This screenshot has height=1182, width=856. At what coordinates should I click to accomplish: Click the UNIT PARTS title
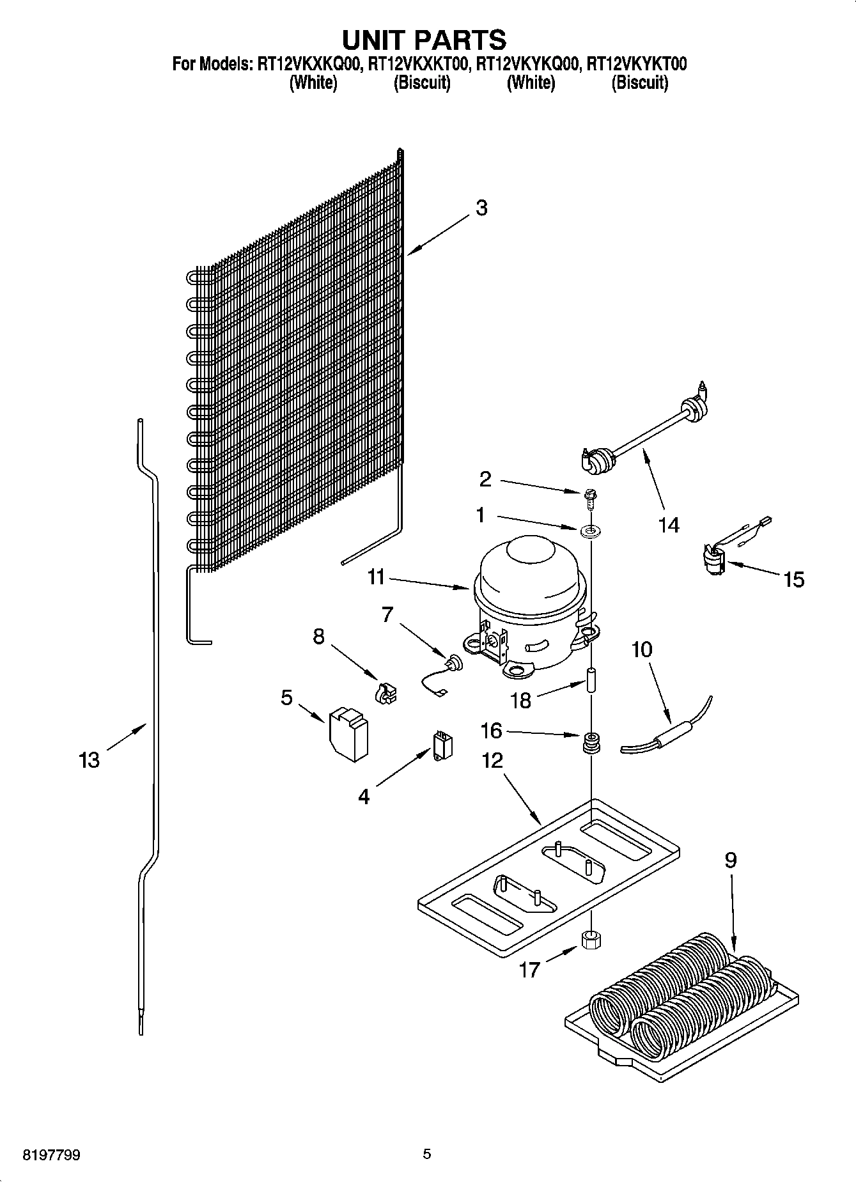coord(424,40)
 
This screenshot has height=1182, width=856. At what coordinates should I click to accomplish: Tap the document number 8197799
coord(52,1155)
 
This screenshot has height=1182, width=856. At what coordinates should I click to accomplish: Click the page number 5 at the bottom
coord(427,1154)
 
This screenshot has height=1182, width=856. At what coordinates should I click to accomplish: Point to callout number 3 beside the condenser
coord(481,208)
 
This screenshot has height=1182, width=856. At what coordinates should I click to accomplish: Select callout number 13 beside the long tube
coord(89,760)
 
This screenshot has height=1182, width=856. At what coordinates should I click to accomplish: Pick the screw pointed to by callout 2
coord(589,497)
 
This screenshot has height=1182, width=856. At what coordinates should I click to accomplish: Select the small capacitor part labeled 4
coord(441,745)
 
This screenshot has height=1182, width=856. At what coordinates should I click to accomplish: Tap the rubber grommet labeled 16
coord(589,743)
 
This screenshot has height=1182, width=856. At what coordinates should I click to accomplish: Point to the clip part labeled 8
coord(386,694)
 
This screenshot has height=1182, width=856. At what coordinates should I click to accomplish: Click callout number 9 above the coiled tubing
coord(730,860)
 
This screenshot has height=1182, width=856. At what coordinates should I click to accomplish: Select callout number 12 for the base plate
coord(492,761)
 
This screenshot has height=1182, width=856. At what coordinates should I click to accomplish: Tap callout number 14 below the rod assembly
coord(669,525)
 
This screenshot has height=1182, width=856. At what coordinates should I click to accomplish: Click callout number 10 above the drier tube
coord(642,649)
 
